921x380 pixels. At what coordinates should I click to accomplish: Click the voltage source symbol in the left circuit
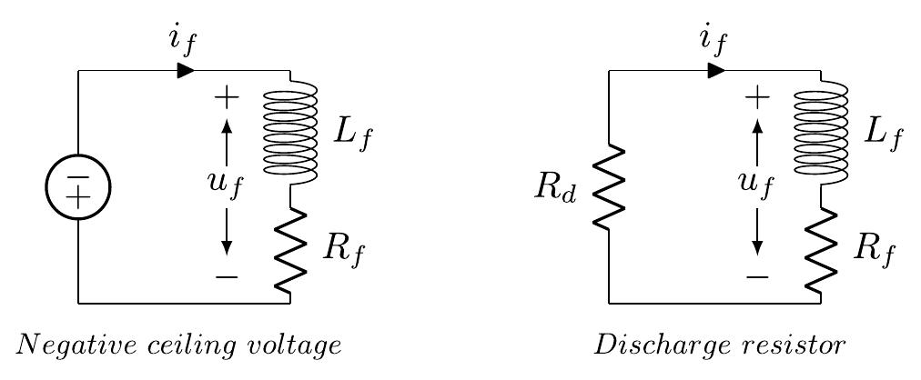78,186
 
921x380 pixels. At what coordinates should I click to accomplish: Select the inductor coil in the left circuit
290,131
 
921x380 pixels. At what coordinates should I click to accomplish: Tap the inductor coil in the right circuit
821,131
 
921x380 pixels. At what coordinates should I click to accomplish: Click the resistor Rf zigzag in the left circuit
290,250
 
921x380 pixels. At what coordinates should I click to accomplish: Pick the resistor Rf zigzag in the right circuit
821,250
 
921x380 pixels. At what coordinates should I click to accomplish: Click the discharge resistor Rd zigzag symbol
609,187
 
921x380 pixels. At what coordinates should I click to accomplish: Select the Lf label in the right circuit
883,134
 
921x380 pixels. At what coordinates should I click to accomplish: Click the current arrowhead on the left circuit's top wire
186,70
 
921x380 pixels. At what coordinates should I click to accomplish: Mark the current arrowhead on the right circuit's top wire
716,70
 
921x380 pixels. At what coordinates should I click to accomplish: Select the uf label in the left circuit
226,185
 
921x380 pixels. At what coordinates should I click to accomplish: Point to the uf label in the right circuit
756,185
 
